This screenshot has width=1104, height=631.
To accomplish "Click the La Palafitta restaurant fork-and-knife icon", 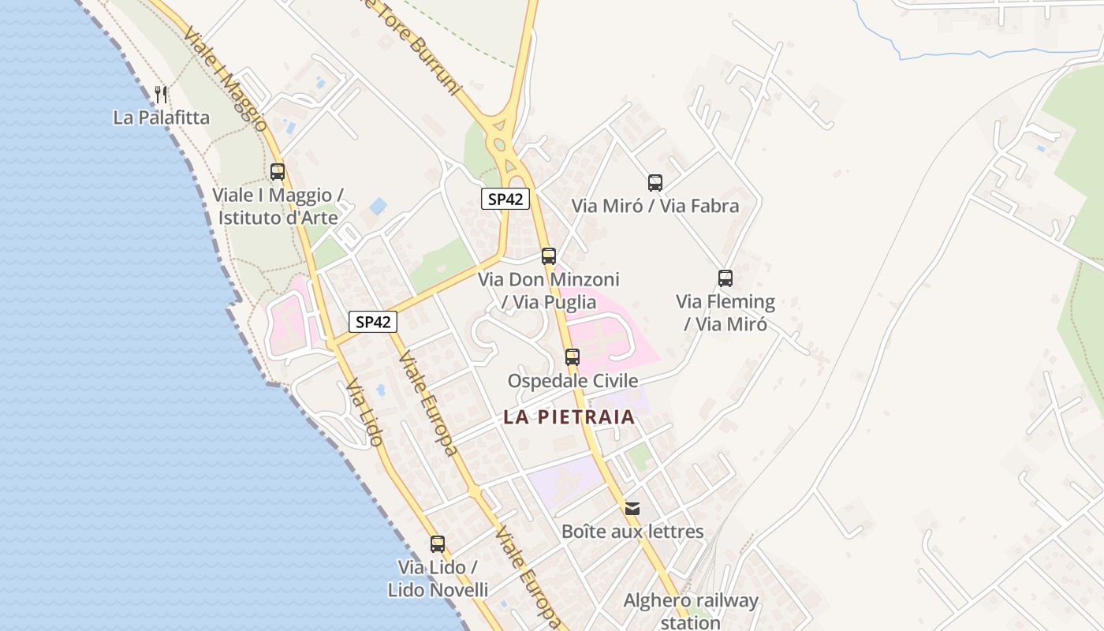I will pyautogui.click(x=161, y=95).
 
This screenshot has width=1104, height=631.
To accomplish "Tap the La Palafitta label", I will pyautogui.click(x=162, y=118).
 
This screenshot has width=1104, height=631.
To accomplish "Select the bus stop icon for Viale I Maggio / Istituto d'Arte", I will pyautogui.click(x=278, y=171).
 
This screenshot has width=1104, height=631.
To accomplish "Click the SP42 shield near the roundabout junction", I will pyautogui.click(x=505, y=199).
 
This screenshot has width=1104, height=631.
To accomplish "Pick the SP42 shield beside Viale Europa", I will pyautogui.click(x=373, y=321).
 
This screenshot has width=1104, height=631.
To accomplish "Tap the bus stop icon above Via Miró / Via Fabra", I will pyautogui.click(x=655, y=183).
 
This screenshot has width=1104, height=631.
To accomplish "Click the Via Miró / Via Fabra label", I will pyautogui.click(x=655, y=207).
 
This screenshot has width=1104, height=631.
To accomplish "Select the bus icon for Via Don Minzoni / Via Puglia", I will pyautogui.click(x=549, y=256).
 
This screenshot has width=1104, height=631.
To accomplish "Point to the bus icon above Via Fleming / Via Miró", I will pyautogui.click(x=725, y=278).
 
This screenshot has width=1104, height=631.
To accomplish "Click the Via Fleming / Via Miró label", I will pyautogui.click(x=725, y=312).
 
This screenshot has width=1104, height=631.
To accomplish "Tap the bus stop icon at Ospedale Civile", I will pyautogui.click(x=573, y=357).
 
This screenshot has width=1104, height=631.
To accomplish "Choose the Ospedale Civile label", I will pyautogui.click(x=573, y=381).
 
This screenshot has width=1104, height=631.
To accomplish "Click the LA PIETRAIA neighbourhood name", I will pyautogui.click(x=569, y=417).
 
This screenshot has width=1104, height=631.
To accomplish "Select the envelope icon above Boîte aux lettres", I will pyautogui.click(x=632, y=508).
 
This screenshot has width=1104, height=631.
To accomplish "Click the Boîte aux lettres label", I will pyautogui.click(x=632, y=532).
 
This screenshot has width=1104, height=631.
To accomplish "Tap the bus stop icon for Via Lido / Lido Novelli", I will pyautogui.click(x=438, y=543).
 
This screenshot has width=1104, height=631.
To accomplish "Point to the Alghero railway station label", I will pyautogui.click(x=691, y=611).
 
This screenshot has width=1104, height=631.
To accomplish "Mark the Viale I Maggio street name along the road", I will pyautogui.click(x=226, y=79).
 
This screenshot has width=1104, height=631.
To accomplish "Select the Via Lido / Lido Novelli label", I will pyautogui.click(x=438, y=578).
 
